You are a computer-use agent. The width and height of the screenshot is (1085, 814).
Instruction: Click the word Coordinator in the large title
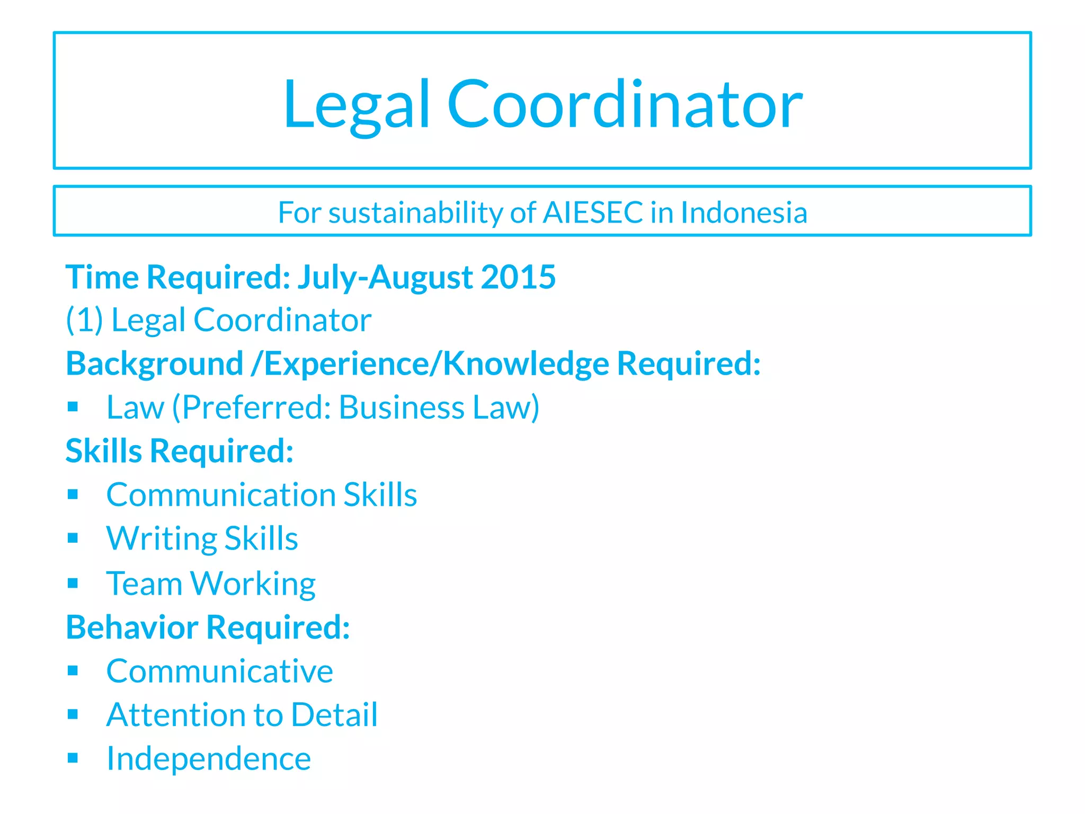tap(625, 104)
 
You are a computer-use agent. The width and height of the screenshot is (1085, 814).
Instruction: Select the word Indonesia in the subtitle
tap(744, 213)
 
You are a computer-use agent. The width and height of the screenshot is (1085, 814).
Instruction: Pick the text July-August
tap(385, 277)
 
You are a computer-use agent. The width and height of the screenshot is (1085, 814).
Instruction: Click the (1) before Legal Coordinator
tap(84, 320)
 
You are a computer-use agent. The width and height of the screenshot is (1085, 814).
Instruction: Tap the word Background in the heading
tap(154, 364)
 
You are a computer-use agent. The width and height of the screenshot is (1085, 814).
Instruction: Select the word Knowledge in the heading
tap(526, 364)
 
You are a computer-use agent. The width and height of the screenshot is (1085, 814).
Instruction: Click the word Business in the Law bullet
tap(402, 408)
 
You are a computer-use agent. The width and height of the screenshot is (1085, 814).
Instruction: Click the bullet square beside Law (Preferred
tap(73, 407)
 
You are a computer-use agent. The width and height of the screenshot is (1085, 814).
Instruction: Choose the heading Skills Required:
tap(180, 451)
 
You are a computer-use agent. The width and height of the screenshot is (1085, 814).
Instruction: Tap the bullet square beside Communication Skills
tap(73, 494)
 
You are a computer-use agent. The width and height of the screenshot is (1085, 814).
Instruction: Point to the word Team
tap(144, 583)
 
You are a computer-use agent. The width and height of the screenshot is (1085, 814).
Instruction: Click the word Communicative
tap(219, 671)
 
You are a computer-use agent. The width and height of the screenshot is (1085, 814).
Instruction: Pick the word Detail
tap(334, 715)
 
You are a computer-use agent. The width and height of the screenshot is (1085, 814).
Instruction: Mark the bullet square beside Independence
tap(73, 758)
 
